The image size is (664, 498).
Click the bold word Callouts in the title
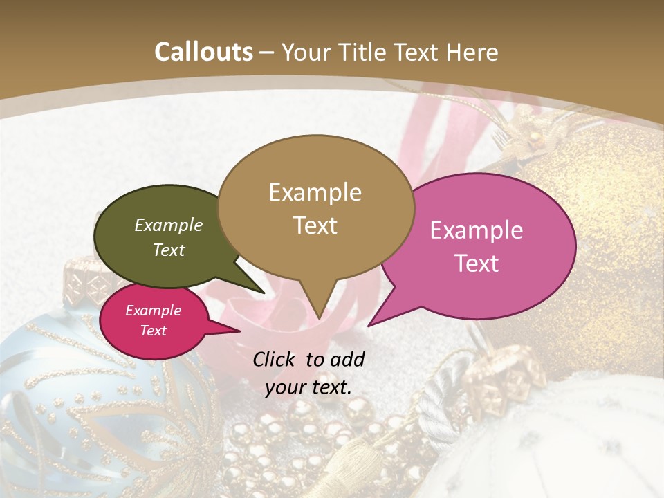coord(203,52)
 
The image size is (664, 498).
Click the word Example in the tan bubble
coord(315,192)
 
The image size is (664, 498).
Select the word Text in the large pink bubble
coord(477,264)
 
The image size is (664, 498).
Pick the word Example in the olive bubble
coord(168,225)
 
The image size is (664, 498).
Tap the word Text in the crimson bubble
coord(154,331)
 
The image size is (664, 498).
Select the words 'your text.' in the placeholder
coord(308,388)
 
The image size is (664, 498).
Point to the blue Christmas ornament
coord(69,387)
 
